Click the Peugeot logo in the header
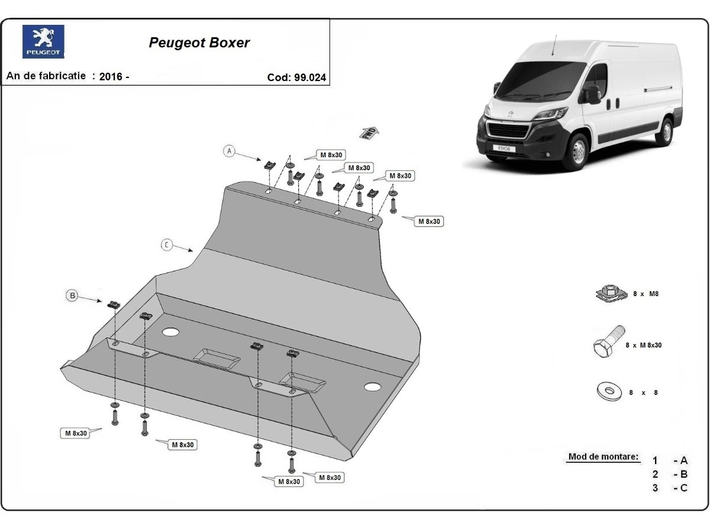point(43,41)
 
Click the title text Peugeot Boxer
point(199,43)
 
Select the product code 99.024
point(310,77)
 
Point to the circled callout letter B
point(72,296)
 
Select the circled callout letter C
point(167,245)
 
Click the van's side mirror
point(593,95)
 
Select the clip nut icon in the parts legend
point(608,293)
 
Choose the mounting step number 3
point(655,488)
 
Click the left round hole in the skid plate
point(170,332)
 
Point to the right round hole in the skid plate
point(372,387)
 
